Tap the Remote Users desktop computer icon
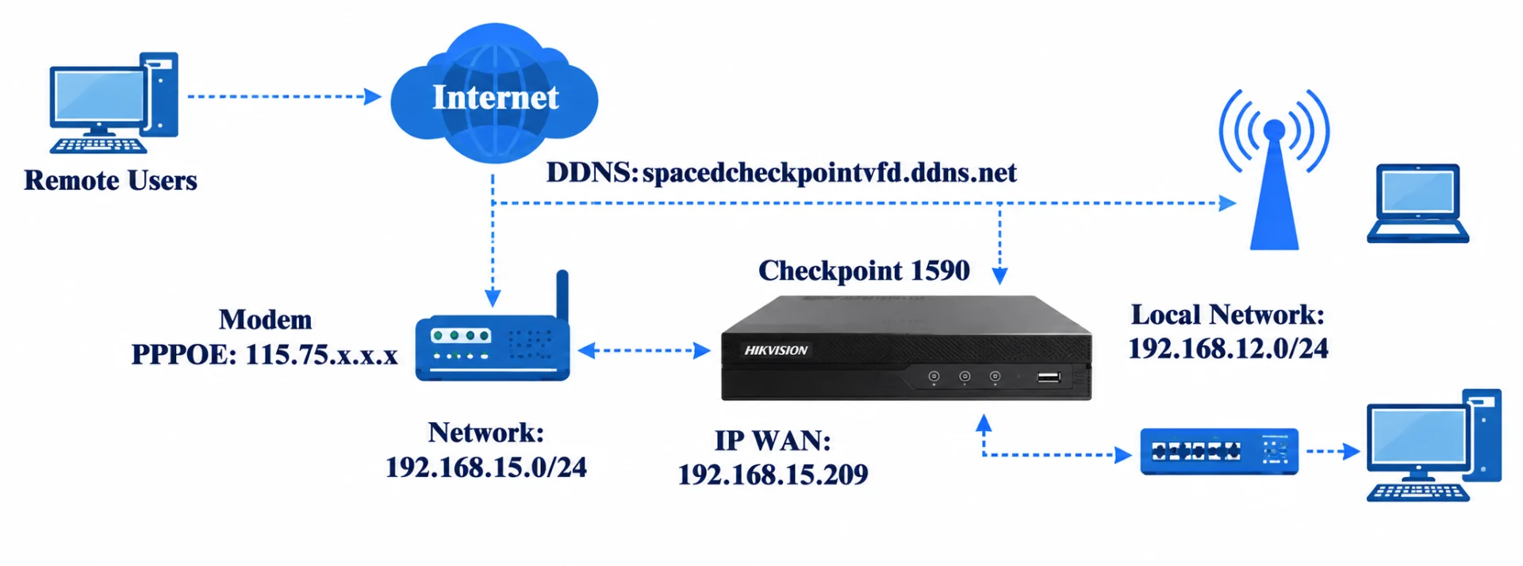pos(113,102)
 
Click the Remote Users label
pos(110,180)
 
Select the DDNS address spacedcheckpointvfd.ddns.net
pos(829,172)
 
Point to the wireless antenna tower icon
pos(1274,169)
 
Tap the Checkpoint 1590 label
pos(864,271)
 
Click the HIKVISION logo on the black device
pos(776,350)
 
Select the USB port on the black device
pos(1049,376)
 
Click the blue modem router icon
pos(493,333)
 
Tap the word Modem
pos(265,319)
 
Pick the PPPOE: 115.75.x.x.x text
pos(264,354)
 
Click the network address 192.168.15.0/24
pos(486,468)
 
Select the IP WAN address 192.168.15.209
pos(773,475)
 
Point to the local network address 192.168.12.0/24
pos(1228,348)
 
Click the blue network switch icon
pos(1219,452)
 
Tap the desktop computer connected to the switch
pos(1433,445)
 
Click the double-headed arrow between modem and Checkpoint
pos(644,350)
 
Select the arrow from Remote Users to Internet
pos(284,97)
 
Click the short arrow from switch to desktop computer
pos(1333,452)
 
